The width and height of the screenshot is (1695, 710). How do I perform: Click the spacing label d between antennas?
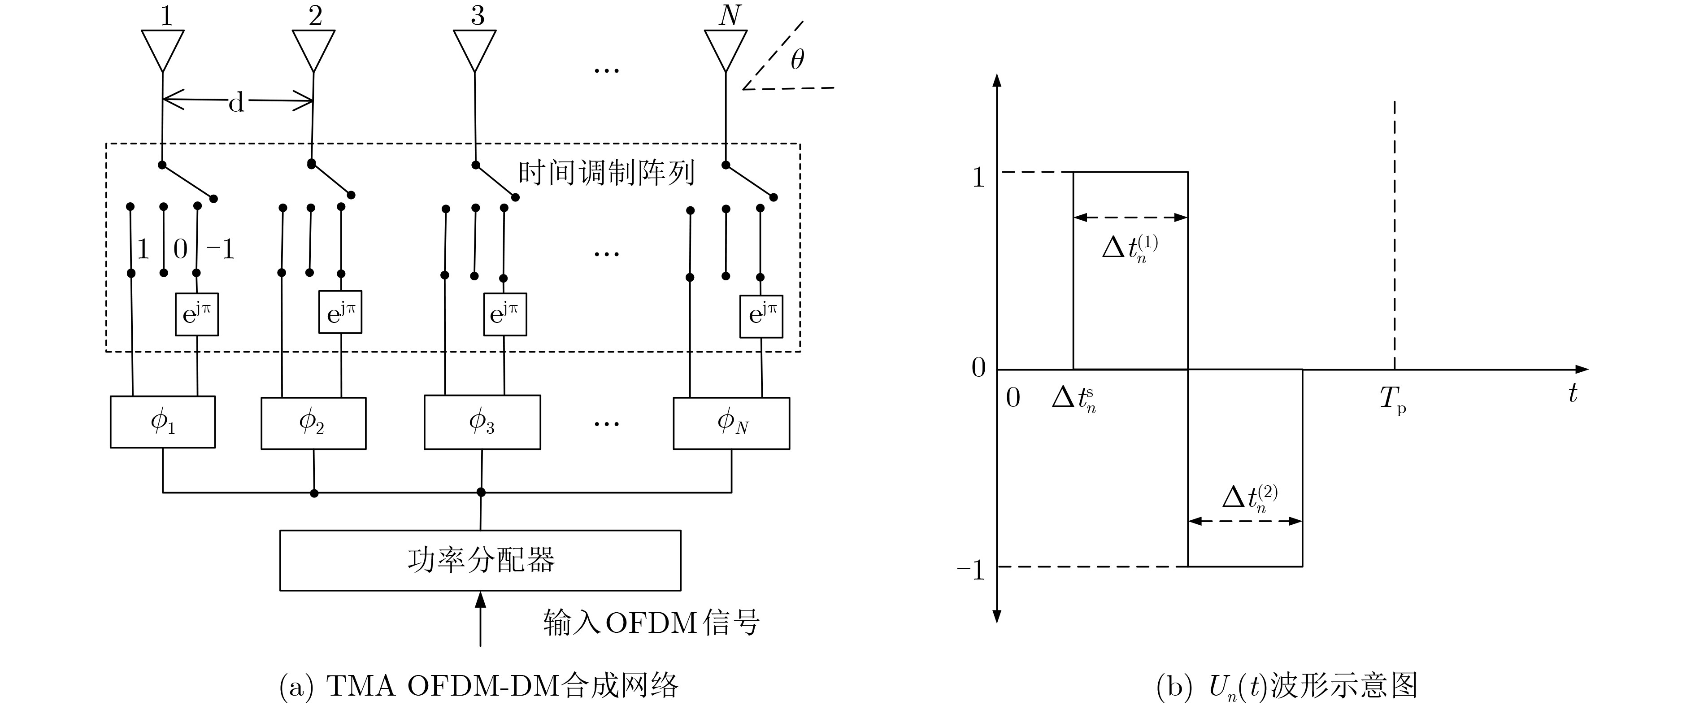[236, 102]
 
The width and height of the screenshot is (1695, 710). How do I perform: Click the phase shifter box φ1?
[162, 422]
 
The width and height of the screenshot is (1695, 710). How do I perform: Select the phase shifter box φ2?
[313, 423]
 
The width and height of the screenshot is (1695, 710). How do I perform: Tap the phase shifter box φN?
[731, 423]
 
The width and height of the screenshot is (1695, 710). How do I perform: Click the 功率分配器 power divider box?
[480, 560]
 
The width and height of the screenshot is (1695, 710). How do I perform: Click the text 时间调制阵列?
[606, 173]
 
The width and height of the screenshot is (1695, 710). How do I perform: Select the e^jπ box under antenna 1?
[197, 314]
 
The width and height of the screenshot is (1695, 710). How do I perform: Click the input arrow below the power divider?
[480, 619]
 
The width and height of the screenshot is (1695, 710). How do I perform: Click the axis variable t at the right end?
[1573, 393]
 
